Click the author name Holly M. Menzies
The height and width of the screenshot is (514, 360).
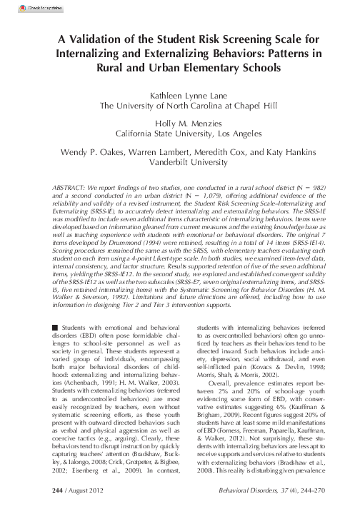tap(179, 122)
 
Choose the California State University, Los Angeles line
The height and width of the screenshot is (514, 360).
tap(179, 133)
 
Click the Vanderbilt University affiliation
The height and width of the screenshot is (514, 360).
tap(179, 161)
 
